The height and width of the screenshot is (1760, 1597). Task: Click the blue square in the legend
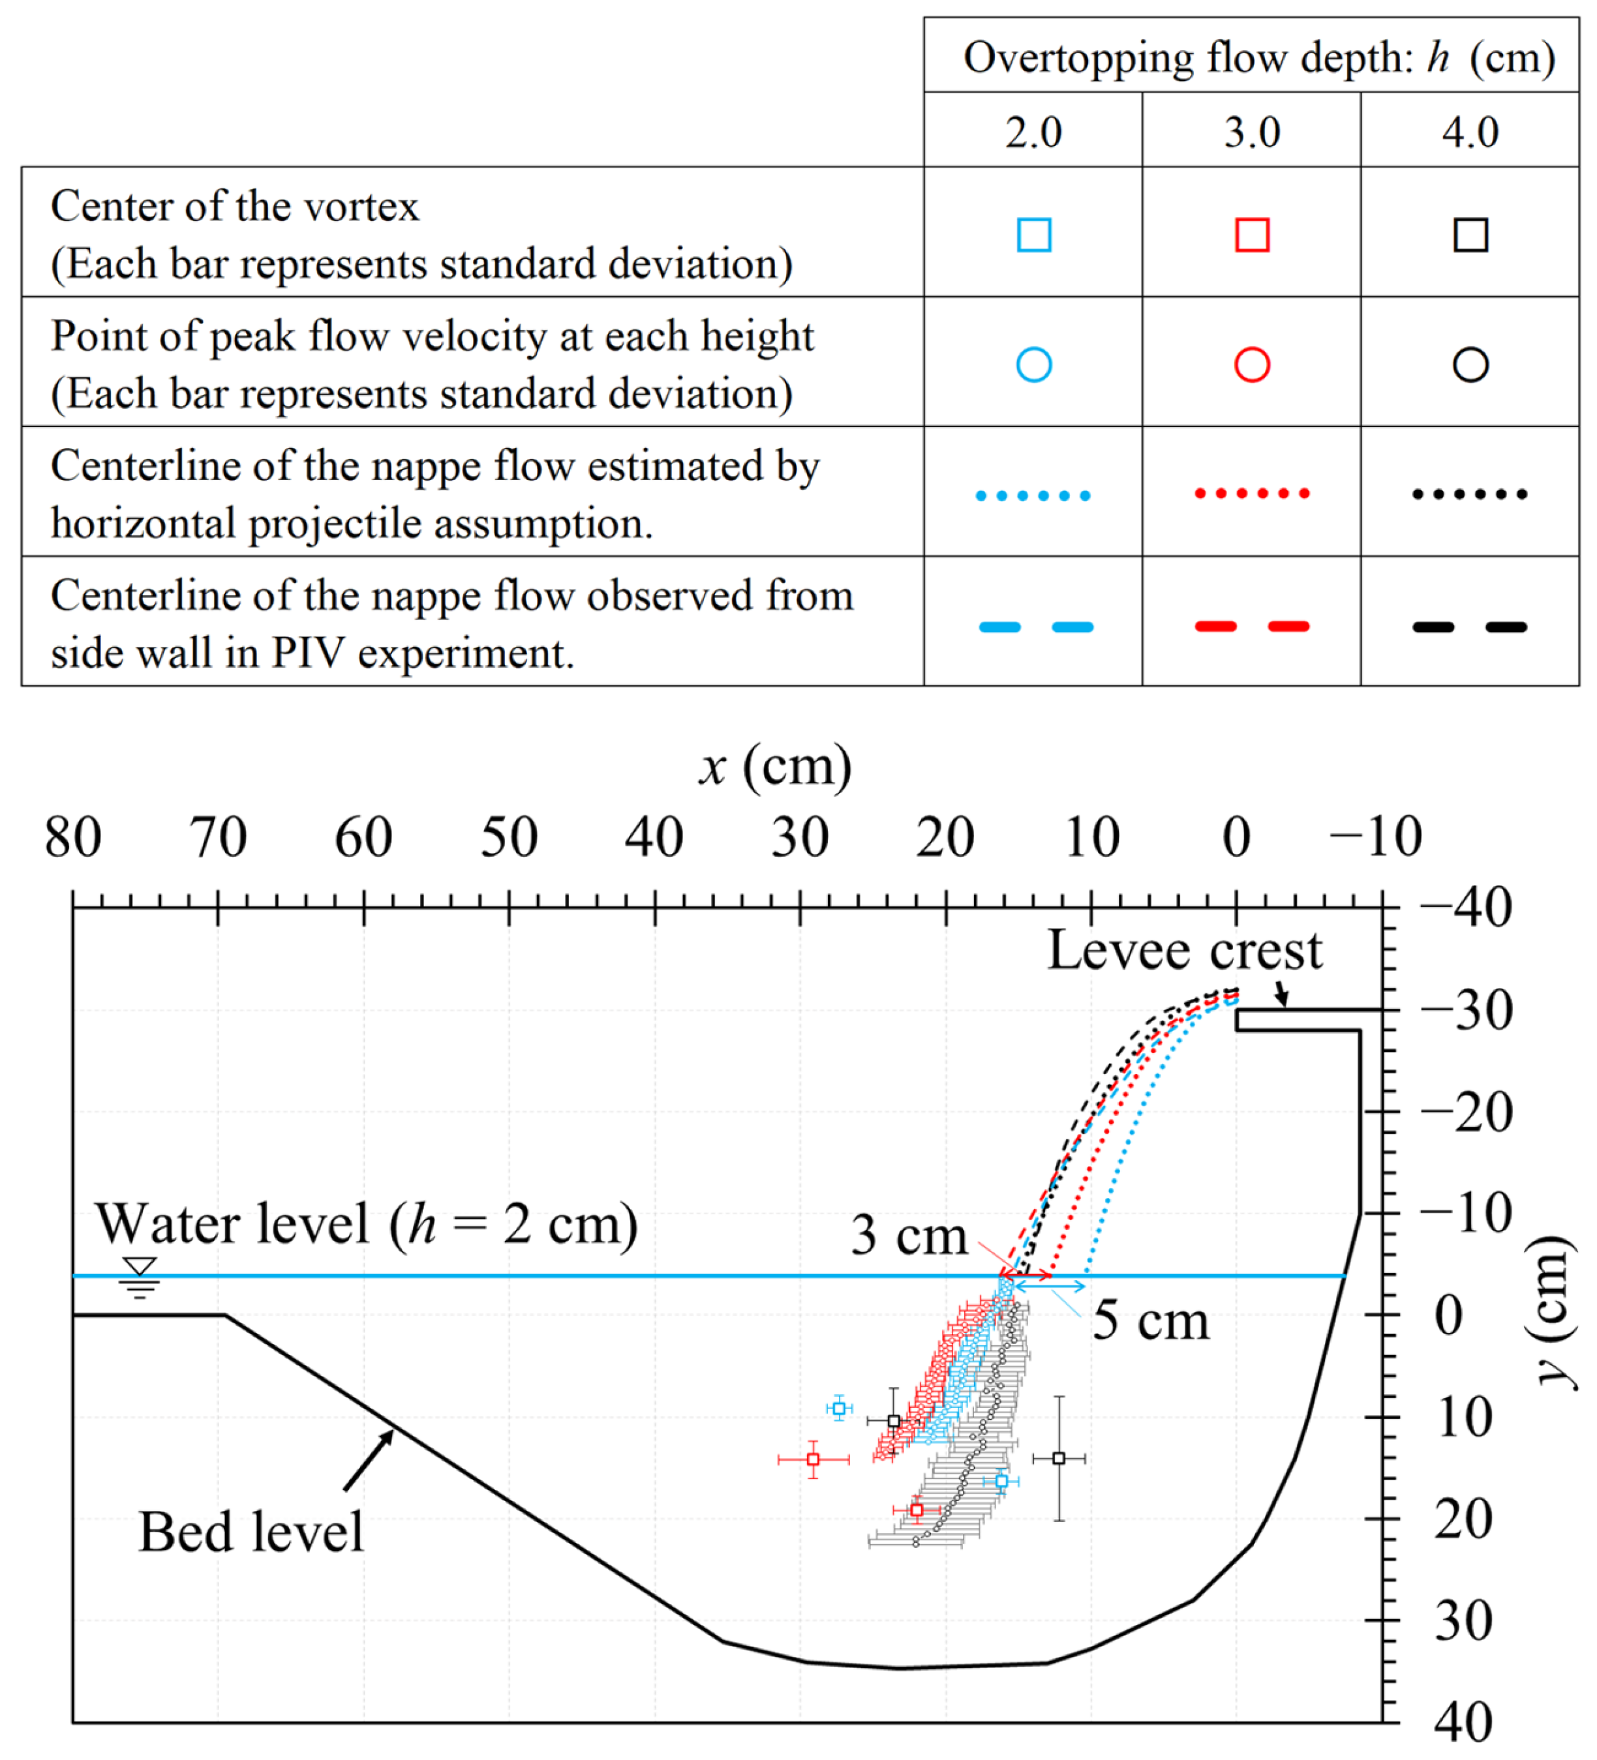(x=1034, y=234)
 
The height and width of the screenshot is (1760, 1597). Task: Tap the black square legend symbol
(x=1470, y=234)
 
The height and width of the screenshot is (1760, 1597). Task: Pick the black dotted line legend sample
(x=1470, y=494)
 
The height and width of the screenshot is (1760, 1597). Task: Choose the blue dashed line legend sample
(x=1035, y=626)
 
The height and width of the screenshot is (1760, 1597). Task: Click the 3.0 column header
(x=1251, y=132)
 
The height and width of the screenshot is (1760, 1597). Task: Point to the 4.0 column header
(x=1470, y=132)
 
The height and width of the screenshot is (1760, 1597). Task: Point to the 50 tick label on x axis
(x=509, y=837)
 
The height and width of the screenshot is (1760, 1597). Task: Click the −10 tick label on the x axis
(x=1375, y=837)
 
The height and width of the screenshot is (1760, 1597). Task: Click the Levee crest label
(x=1184, y=950)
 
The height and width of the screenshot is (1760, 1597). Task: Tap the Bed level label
(x=251, y=1532)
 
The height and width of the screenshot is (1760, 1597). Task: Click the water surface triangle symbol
(x=140, y=1267)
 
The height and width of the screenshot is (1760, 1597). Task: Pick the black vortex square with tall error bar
(x=1058, y=1458)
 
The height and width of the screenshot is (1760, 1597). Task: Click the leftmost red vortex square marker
(x=813, y=1459)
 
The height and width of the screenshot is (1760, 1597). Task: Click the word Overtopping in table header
(x=1078, y=59)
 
